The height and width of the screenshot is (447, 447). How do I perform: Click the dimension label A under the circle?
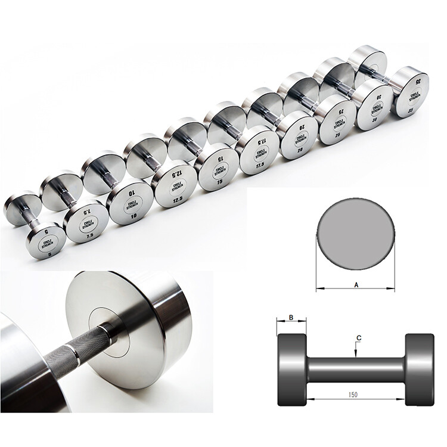click(356, 285)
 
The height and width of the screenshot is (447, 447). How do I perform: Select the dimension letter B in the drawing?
click(291, 318)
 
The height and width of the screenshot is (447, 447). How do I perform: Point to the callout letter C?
click(359, 338)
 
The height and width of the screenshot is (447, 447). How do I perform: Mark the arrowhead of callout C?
click(355, 356)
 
